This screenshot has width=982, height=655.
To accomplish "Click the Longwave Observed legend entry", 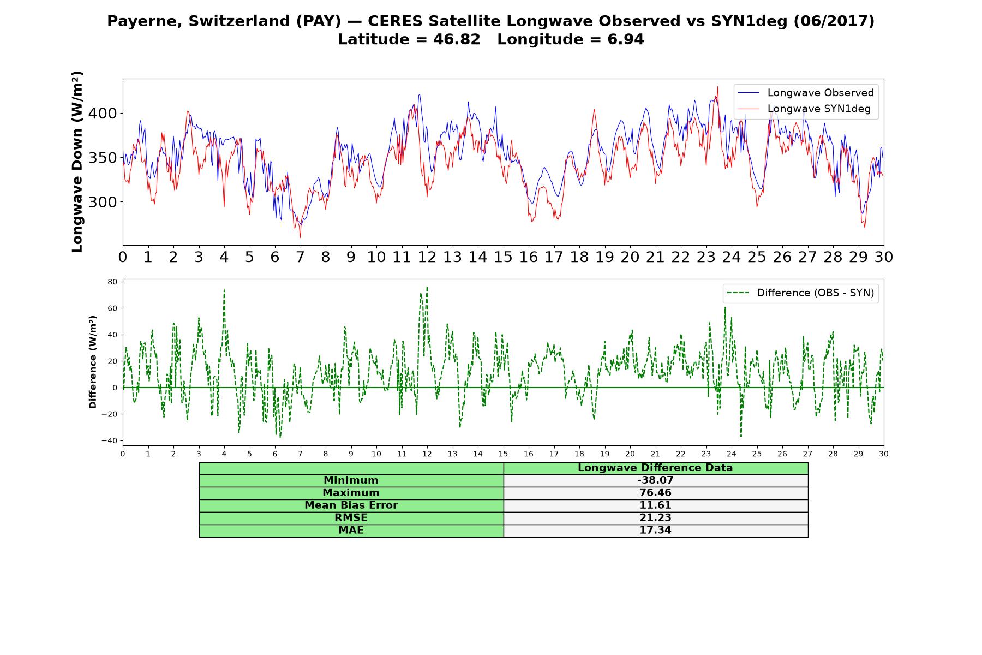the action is click(805, 93).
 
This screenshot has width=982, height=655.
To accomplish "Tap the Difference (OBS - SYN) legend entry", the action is click(800, 293).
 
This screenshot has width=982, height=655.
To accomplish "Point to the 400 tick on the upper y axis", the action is click(107, 114).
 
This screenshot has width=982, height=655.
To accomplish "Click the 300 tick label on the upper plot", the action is click(107, 202).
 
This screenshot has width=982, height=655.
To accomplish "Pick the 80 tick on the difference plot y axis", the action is click(113, 282).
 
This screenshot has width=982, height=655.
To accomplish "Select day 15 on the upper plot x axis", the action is click(503, 257).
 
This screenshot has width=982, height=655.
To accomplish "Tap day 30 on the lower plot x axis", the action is click(883, 454).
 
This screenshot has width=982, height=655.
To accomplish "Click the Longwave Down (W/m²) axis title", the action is click(77, 162).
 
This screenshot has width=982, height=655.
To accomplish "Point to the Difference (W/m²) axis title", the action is click(93, 362).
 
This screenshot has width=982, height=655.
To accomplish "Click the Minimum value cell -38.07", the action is click(655, 480).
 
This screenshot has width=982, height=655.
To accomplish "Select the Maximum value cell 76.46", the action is click(655, 493).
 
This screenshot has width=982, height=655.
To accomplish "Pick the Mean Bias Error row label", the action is click(351, 505).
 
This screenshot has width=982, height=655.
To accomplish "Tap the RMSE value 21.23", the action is click(655, 518).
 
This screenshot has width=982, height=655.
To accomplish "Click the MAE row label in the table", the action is click(351, 531).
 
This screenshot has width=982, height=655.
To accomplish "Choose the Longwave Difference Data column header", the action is click(655, 468).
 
